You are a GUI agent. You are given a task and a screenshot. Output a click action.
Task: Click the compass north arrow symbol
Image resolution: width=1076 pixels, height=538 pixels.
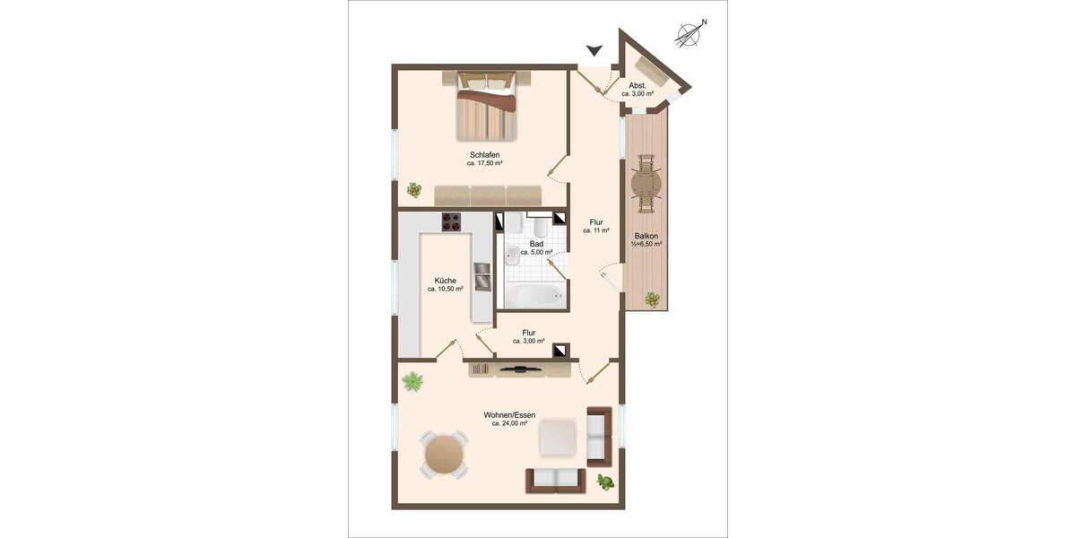coord(690,34)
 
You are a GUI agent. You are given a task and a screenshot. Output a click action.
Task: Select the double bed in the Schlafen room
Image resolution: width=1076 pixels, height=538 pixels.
coord(488,105)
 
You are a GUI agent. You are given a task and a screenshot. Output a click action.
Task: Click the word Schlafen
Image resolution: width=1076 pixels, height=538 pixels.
coord(484,155)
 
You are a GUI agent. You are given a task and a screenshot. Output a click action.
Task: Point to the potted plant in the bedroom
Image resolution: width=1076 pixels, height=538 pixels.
coord(413,189)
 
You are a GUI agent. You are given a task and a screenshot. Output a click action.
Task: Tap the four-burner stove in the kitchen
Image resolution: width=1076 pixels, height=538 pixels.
coord(451,222)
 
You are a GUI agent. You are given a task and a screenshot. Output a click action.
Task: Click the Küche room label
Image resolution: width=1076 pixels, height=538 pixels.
coord(446,280)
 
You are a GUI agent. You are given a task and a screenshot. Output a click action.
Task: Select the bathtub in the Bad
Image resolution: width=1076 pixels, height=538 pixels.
coord(534,294)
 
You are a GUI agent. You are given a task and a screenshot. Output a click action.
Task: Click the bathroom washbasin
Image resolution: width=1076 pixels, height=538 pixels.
coord(512,256)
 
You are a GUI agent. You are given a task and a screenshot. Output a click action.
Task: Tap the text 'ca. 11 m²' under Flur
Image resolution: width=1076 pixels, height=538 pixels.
coord(596,230)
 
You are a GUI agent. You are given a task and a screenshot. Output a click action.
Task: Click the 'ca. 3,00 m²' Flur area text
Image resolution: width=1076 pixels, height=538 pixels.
coord(529,342)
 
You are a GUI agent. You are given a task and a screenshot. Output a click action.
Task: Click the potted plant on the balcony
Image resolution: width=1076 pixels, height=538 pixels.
coord(654,299)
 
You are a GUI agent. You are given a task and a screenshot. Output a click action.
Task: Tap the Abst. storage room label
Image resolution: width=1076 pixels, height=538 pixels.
coord(638,85)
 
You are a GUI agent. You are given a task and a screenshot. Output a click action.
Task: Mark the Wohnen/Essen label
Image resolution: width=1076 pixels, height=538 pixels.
coord(509,414)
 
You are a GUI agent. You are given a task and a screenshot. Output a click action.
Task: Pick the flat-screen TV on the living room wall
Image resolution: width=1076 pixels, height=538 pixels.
coord(519,368)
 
